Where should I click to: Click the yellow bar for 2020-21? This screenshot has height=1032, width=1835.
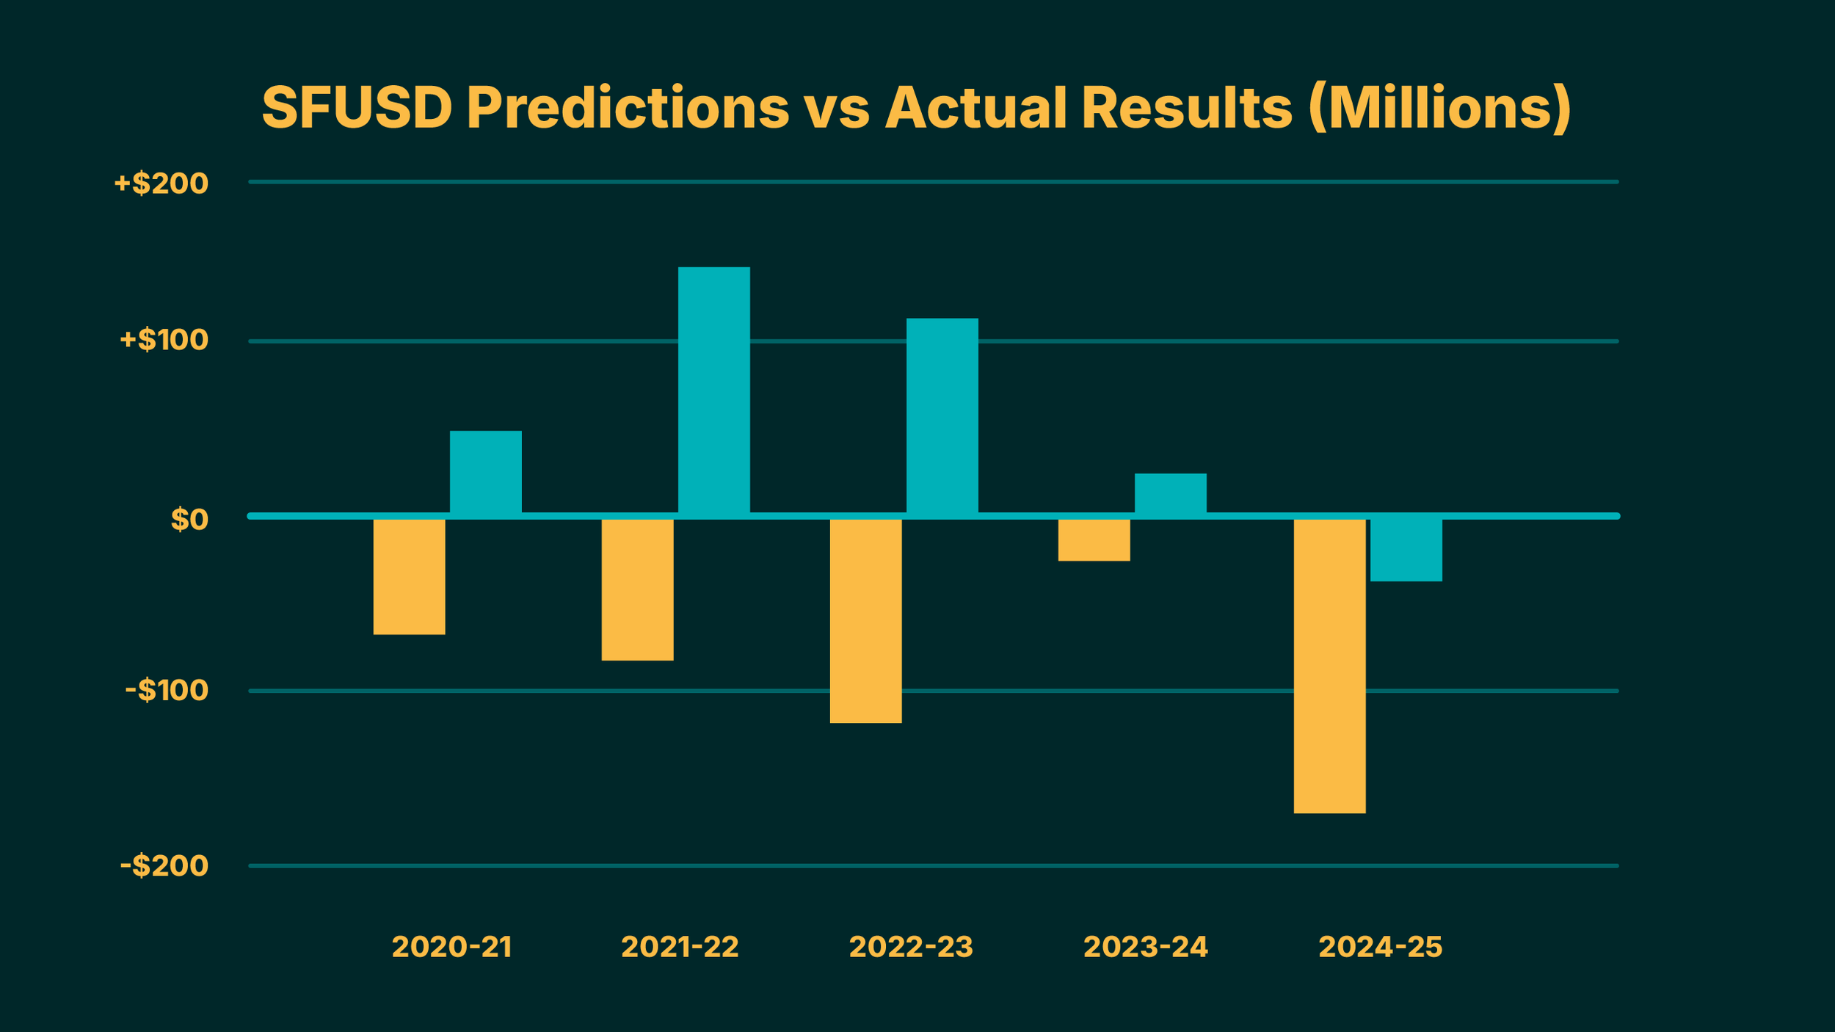tap(409, 576)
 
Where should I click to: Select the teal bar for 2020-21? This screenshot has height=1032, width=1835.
tap(485, 472)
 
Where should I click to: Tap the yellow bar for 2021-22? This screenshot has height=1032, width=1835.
tap(637, 589)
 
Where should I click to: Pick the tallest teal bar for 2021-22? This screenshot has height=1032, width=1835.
tap(713, 390)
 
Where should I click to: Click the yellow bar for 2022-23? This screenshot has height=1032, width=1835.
tap(865, 621)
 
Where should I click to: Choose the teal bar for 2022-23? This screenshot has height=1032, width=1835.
tap(942, 415)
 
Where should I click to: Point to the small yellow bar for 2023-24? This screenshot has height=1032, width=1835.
tap(1094, 539)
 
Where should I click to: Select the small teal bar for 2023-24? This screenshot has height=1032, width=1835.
tap(1170, 493)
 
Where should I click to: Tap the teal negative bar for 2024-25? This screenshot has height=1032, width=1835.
tap(1406, 550)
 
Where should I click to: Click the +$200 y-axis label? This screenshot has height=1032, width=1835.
tap(161, 183)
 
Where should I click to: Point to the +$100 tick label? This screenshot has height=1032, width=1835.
tap(164, 340)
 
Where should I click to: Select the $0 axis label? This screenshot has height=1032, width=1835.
tap(189, 520)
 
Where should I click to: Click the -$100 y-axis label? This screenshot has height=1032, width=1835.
tap(167, 690)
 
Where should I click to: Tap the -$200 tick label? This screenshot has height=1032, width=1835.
tap(164, 866)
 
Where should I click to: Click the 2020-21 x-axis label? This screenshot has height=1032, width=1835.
tap(451, 948)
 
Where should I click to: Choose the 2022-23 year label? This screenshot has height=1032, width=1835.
tap(910, 948)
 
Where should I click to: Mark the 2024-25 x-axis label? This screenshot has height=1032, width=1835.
tap(1380, 948)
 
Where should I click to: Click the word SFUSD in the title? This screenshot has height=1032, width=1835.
tap(357, 108)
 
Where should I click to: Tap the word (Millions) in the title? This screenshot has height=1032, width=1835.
tap(1439, 108)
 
